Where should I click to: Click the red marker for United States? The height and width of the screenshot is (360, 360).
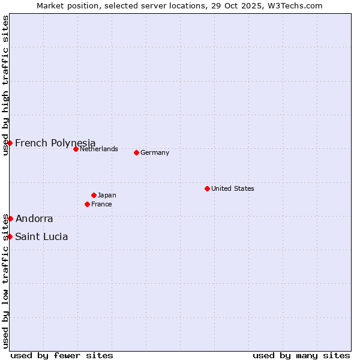pos(207,188)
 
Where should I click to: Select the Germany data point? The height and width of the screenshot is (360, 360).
pos(136,152)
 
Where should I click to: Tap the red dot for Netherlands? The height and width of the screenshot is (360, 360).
pos(76,149)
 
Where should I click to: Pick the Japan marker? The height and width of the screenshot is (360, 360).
pos(94,195)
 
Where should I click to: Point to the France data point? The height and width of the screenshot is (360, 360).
pos(87,204)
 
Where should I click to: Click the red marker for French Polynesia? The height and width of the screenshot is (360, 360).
pos(10,143)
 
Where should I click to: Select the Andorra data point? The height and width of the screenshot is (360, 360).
pos(10,218)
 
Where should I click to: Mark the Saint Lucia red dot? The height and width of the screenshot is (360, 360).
pos(10,236)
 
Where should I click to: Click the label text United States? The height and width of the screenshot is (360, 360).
pos(233,188)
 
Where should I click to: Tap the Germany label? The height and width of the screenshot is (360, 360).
pos(155,152)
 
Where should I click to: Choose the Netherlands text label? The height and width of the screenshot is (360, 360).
pos(99,149)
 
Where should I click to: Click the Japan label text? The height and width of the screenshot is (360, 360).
pos(107,195)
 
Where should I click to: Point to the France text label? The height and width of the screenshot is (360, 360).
pos(101,204)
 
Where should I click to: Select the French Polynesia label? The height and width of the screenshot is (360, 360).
pos(55,143)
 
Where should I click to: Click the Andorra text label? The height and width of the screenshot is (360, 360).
pos(34,218)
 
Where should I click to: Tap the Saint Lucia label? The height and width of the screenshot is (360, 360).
pos(41,236)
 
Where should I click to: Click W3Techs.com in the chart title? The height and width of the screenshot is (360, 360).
pos(294,5)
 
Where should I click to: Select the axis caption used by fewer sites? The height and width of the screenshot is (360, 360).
pos(62,355)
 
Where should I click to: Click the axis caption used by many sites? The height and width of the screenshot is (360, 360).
pos(301,355)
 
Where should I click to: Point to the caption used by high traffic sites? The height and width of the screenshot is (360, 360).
pos(5,85)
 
